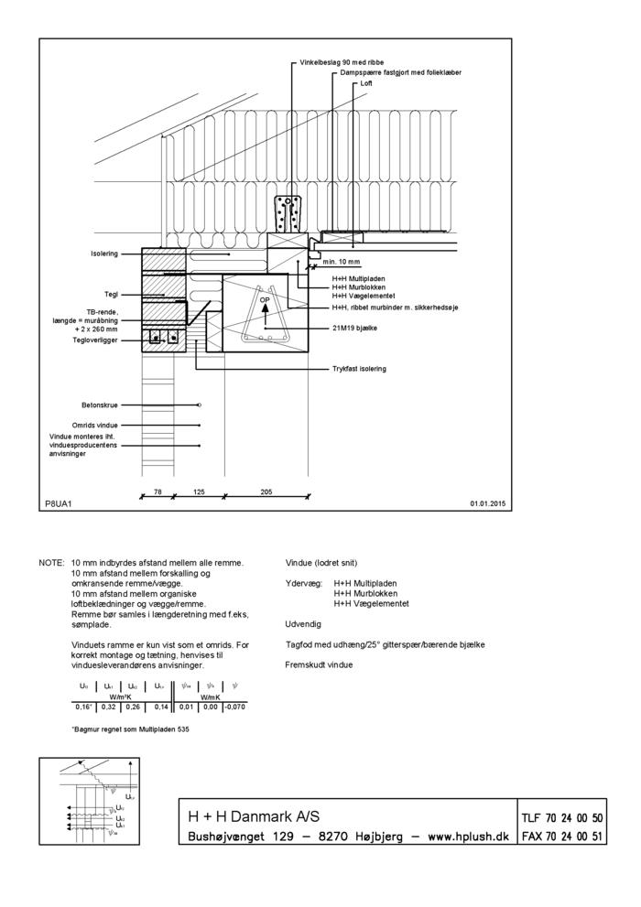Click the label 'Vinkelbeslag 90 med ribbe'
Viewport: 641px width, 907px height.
point(336,62)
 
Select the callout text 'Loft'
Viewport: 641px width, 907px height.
point(366,83)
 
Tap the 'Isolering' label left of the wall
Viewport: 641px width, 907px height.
point(103,254)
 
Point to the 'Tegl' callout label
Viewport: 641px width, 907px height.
point(111,295)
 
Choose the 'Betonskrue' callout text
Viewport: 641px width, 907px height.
point(99,404)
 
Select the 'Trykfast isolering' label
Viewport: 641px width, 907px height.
point(359,369)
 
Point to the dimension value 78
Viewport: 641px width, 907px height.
point(158,491)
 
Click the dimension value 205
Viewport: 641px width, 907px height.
point(266,491)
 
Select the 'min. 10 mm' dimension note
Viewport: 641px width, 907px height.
point(342,262)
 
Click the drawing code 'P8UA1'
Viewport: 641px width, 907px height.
point(58,503)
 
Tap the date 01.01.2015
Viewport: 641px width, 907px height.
point(489,503)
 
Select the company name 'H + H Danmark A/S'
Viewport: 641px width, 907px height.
point(254,816)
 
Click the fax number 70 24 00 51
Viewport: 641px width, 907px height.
point(575,837)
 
